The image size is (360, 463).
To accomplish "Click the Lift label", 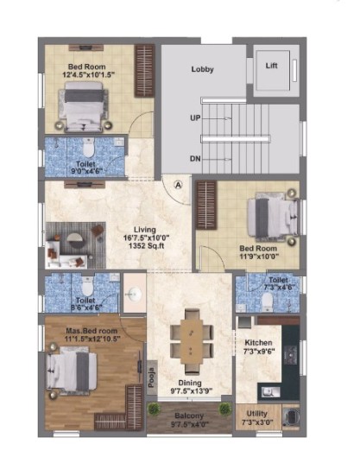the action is click(271, 66).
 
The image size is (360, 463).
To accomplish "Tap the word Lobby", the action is click(202, 69).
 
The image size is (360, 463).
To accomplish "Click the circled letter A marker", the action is click(178, 185).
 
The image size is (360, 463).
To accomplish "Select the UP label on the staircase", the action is click(195, 118).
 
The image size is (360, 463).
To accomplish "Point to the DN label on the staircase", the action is click(195, 159).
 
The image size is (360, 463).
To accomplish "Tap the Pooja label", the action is click(152, 377).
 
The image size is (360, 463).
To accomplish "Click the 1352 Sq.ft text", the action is click(147, 245).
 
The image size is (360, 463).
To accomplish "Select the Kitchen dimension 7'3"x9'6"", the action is click(259, 352).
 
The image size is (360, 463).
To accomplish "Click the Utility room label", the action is click(256, 414).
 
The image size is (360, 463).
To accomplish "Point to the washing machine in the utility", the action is click(291, 416).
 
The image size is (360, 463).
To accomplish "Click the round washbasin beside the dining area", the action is click(135, 294).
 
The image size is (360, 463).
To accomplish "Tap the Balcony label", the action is click(189, 415).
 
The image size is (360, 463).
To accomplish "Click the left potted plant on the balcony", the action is click(153, 409).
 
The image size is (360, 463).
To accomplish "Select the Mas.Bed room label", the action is click(92, 331).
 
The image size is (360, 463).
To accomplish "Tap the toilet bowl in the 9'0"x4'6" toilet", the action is click(88, 149).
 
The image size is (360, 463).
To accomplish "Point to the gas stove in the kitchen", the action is click(291, 354).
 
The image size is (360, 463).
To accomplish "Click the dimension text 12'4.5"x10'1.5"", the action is click(89, 74).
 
